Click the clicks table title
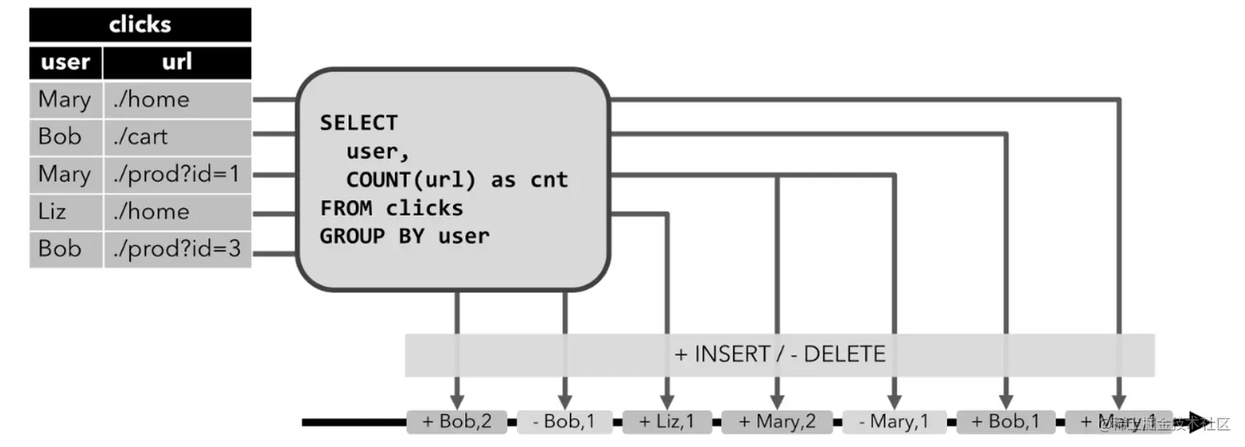pos(140,25)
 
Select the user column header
pos(66,63)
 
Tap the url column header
pos(177,63)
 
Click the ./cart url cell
pos(177,137)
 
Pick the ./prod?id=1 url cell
pos(177,175)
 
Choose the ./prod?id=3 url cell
pos(177,249)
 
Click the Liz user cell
pos(66,212)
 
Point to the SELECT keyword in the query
pos(359,123)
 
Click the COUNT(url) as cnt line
pos(457,179)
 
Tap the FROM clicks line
pos(392,207)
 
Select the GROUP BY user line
pos(404,236)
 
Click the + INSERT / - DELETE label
pos(779,355)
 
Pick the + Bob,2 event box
pos(457,421)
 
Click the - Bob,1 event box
pos(566,421)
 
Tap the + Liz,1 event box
pos(667,421)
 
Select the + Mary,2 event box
pos(776,421)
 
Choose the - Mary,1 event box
pos(894,421)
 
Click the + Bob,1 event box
pos(1005,421)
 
